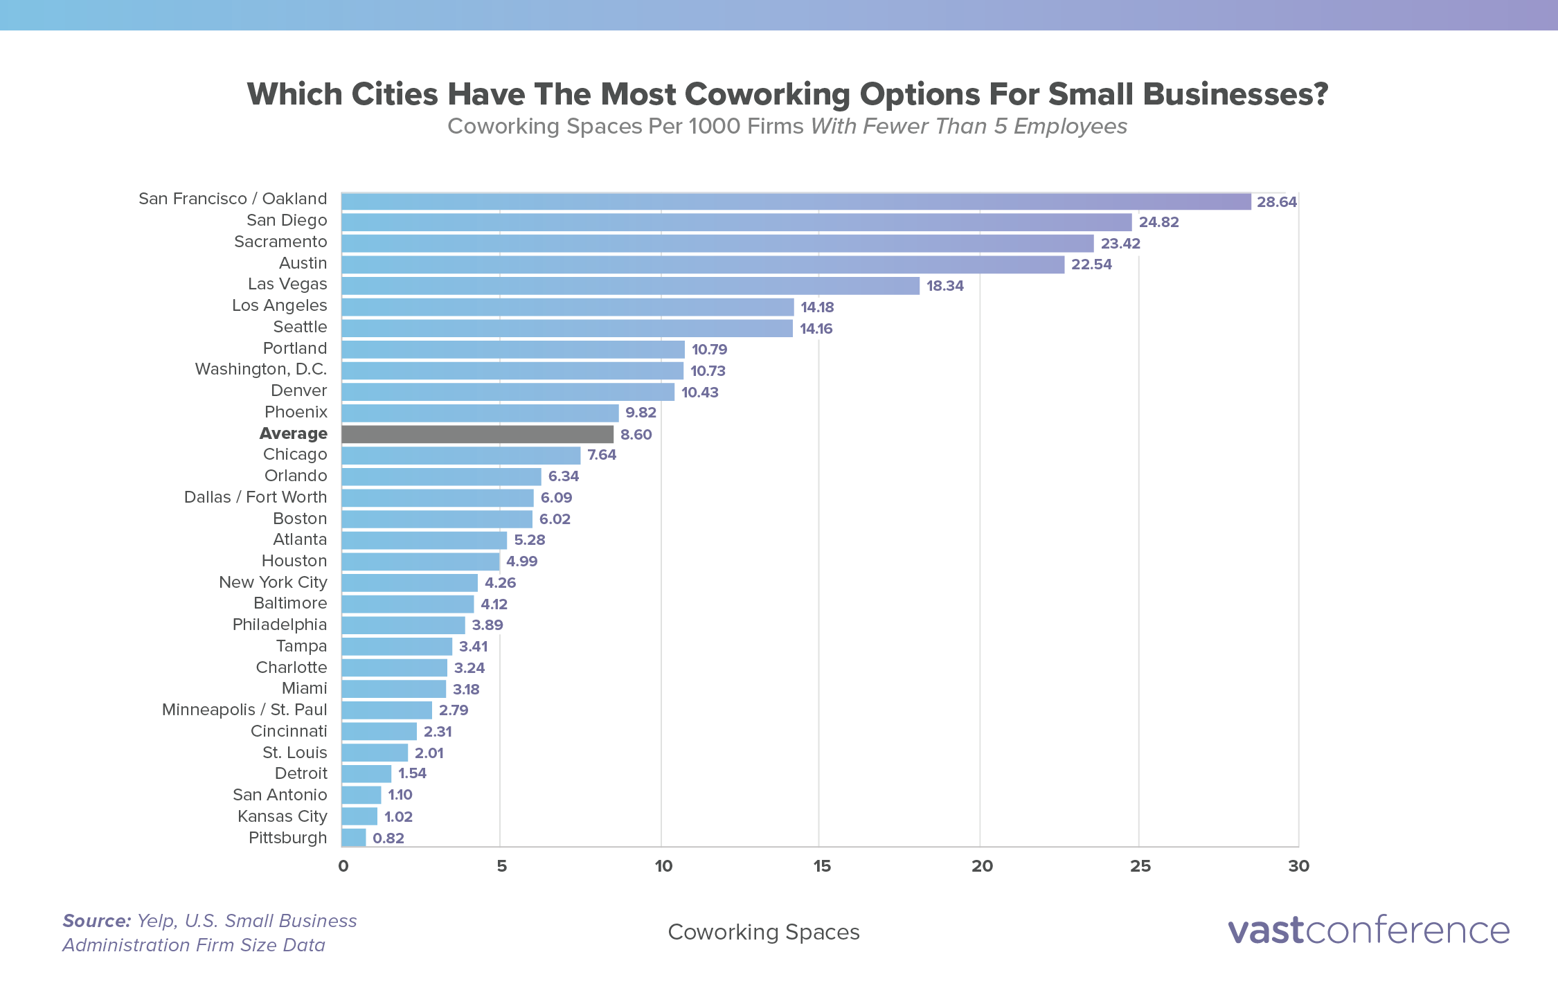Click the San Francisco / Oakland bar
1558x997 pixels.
(796, 201)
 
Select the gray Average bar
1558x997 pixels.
(477, 434)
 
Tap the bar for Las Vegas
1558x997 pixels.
(630, 285)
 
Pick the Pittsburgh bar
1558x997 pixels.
(354, 838)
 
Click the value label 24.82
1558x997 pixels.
(1158, 222)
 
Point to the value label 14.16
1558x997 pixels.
(816, 329)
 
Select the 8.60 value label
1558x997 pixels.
(636, 435)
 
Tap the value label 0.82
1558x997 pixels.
(388, 838)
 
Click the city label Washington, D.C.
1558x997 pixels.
(261, 369)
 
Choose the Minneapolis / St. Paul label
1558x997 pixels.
(244, 710)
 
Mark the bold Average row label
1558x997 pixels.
(293, 433)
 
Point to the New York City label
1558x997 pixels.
(273, 582)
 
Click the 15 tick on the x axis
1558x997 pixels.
(821, 866)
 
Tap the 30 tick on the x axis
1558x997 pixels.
(1298, 866)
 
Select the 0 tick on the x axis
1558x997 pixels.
(343, 866)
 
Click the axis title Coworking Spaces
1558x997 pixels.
(763, 932)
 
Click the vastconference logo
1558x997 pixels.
(1368, 931)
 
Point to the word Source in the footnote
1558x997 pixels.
(96, 921)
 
